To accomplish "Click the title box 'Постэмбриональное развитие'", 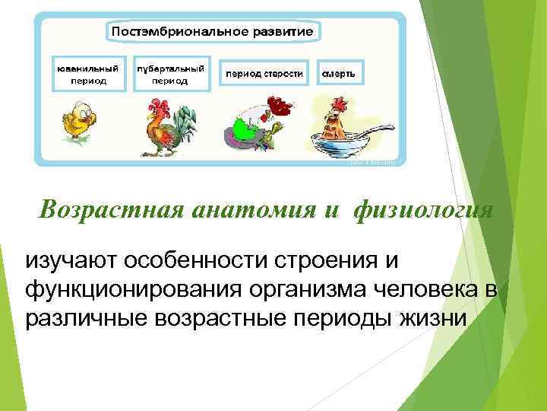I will (213, 32).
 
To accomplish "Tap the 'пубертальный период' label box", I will (170, 74).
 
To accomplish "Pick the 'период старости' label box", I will (263, 74).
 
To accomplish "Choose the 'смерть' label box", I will (340, 74).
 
